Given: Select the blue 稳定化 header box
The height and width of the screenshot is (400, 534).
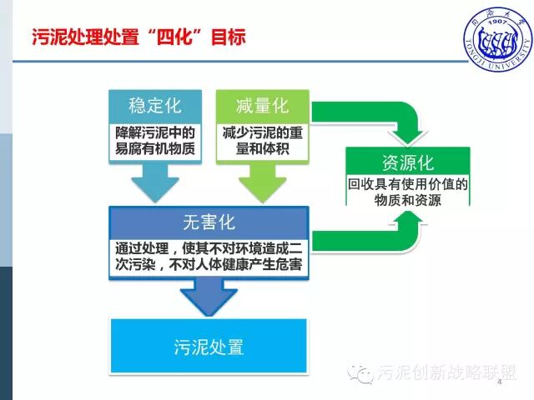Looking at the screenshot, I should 155,106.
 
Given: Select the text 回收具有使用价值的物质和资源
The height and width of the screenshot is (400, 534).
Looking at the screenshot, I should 408,191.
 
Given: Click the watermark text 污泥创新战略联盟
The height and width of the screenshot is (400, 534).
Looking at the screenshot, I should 446,372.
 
